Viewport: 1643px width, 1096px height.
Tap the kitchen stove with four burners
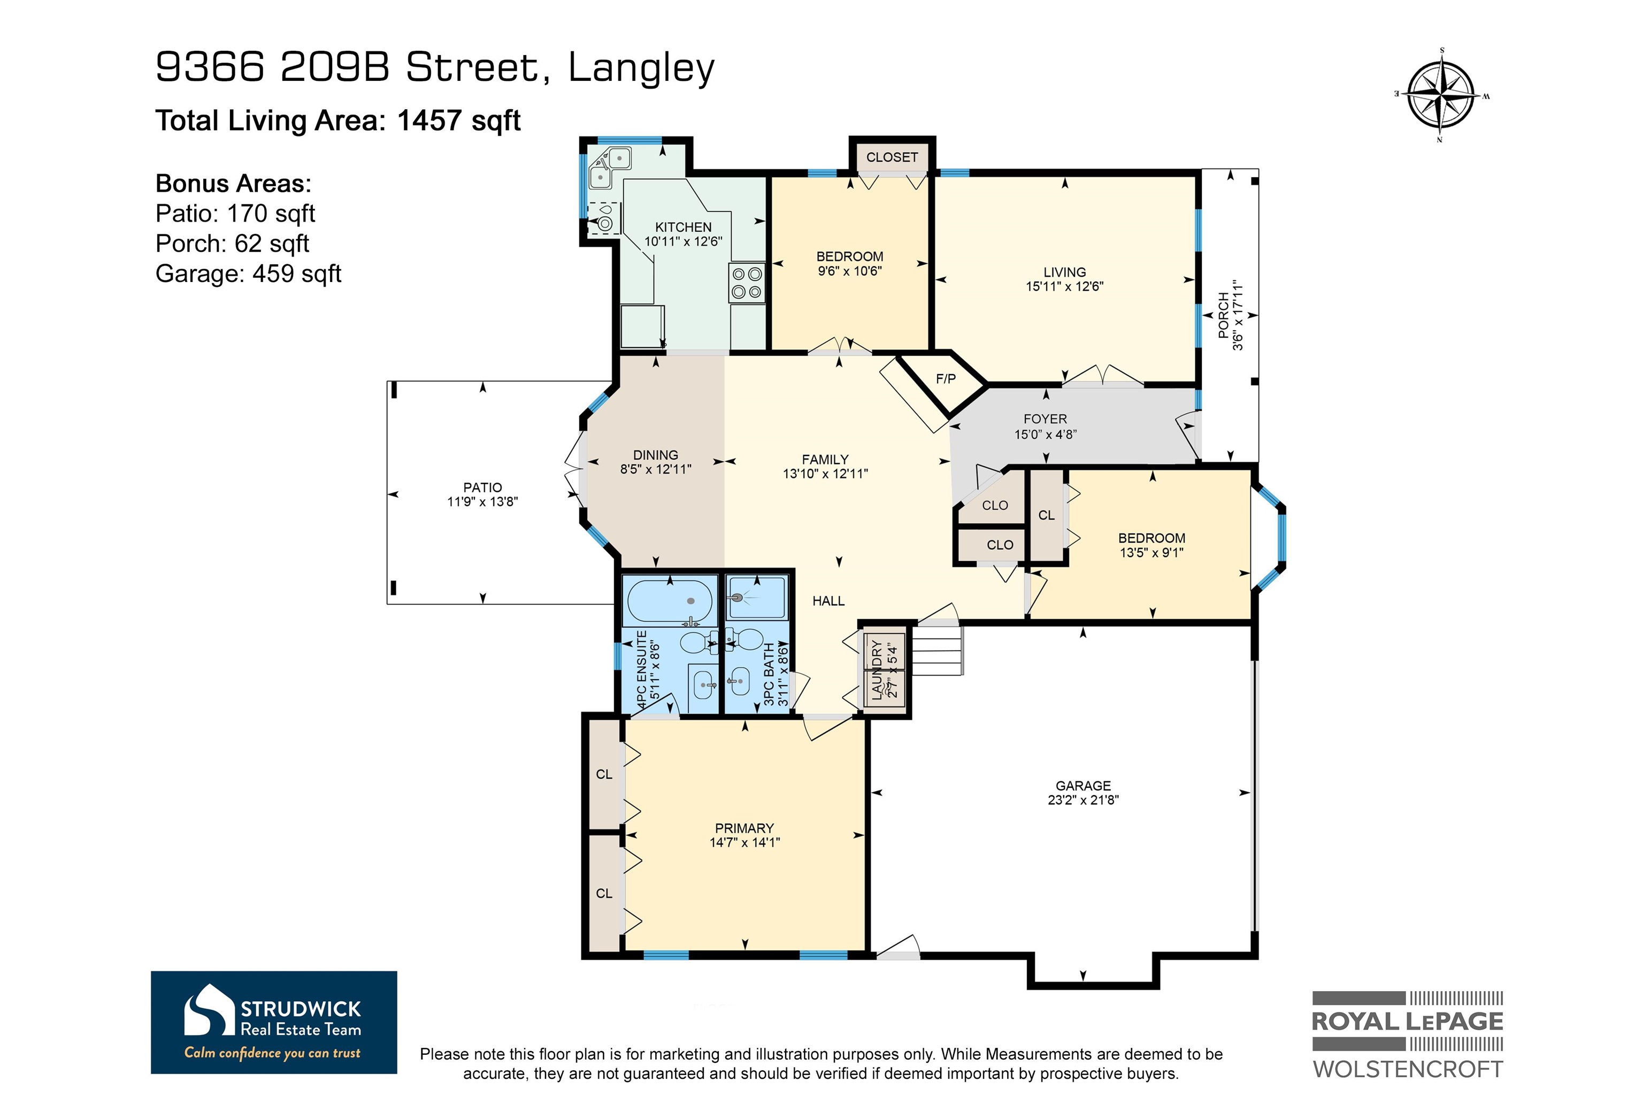(747, 283)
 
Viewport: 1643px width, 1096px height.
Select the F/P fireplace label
(946, 379)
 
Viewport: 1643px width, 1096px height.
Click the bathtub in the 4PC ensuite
(670, 601)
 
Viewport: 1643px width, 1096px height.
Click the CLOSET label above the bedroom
(892, 157)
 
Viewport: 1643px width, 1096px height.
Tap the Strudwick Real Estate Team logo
(274, 1022)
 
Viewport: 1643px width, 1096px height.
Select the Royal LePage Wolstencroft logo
(1408, 1035)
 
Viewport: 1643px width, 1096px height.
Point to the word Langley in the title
(641, 68)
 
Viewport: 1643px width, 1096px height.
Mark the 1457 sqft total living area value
(458, 120)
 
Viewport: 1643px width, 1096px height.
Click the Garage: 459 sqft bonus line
(248, 273)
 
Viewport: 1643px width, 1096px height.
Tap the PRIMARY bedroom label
(744, 827)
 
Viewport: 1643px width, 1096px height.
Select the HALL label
(828, 600)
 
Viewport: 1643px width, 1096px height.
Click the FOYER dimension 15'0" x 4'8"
(1045, 434)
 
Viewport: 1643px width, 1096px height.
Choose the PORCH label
(1223, 315)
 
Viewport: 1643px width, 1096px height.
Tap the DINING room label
(655, 454)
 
